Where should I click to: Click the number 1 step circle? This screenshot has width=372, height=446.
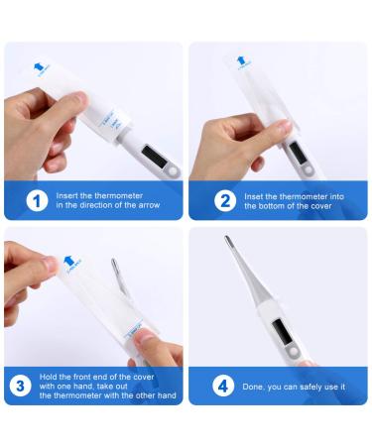pyautogui.click(x=37, y=201)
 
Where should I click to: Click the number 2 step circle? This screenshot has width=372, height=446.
pyautogui.click(x=223, y=201)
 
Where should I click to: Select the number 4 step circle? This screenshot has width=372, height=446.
pyautogui.click(x=223, y=385)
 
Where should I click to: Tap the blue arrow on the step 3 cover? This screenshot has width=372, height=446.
pyautogui.click(x=68, y=262)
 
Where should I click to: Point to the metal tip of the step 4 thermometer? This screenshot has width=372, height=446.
pyautogui.click(x=229, y=240)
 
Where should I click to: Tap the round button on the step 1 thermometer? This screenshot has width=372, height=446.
pyautogui.click(x=171, y=171)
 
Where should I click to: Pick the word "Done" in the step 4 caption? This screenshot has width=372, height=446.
pyautogui.click(x=253, y=386)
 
